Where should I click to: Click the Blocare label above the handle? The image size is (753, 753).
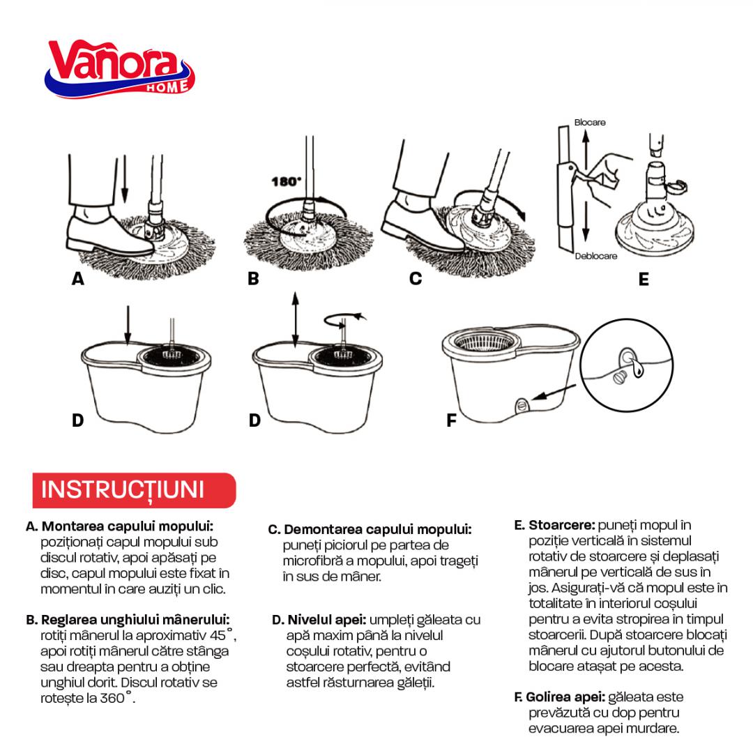590,123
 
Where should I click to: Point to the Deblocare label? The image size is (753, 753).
595,257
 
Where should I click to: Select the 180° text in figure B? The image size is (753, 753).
286,181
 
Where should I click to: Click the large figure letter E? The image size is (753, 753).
643,280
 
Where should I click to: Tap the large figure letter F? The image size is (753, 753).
451,420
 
